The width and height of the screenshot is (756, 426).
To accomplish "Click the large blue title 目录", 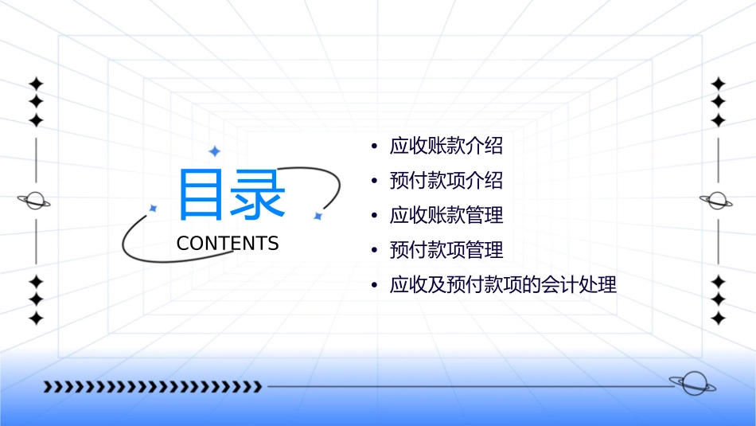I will coord(231,195).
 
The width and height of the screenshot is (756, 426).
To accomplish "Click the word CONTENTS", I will coord(228,244).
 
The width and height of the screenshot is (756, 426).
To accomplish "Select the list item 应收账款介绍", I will coord(446,147).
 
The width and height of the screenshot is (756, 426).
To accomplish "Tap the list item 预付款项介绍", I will coord(446,181).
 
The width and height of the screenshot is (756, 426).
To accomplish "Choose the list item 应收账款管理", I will coord(446,215).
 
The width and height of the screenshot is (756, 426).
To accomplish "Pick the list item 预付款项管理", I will coord(446,250).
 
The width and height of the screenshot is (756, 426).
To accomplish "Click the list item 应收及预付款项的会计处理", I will coord(503,285).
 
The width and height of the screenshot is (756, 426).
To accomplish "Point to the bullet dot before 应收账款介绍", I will coord(374,147).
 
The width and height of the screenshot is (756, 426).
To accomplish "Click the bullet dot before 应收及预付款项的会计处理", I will coord(374,286).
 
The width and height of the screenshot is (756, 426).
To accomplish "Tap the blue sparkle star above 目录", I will coord(214,151).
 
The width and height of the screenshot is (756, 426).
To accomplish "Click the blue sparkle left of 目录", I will coord(154,208).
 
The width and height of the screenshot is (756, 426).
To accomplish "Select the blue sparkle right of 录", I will coord(317,216).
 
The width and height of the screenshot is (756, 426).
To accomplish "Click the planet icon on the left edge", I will coord(34,201).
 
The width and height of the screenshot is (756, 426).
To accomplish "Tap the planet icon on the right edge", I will coord(717,201).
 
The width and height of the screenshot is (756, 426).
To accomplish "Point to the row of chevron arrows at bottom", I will coord(152,387).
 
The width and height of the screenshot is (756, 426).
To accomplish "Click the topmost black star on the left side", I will coord(36,84).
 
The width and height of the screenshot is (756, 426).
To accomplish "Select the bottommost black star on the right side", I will coord(718,318).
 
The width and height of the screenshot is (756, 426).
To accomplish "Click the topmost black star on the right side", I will coord(718,84).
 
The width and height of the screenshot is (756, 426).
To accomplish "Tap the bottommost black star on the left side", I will coord(36,318).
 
